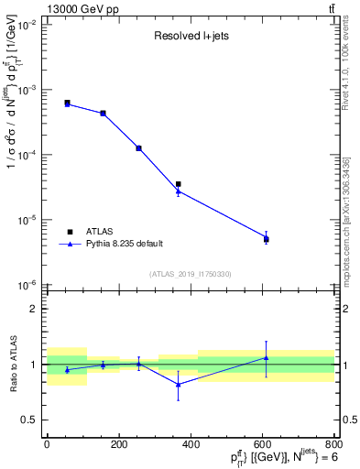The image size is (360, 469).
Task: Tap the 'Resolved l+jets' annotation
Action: tap(191, 38)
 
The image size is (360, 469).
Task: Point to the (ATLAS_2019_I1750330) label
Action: tap(191, 274)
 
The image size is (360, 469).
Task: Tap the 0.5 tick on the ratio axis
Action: tap(33, 420)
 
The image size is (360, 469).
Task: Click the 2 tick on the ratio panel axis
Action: tap(36, 309)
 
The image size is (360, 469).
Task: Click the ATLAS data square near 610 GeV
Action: tap(267, 239)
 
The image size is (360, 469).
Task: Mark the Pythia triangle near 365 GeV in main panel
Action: tap(178, 191)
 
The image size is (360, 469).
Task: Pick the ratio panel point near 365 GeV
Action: tap(178, 385)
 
